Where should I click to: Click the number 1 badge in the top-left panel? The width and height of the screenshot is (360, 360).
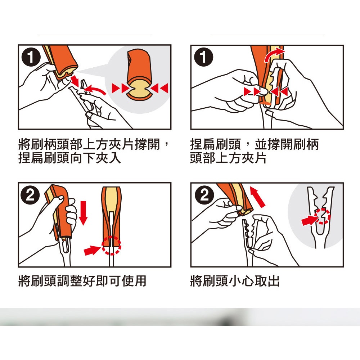[x=31, y=57]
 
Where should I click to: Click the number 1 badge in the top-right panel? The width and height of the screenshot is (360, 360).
[x=203, y=57]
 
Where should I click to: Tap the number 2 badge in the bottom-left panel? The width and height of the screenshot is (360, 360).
[x=30, y=195]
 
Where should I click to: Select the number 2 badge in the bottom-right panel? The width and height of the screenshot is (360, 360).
[x=204, y=195]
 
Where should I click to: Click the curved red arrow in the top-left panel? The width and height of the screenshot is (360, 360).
[x=94, y=89]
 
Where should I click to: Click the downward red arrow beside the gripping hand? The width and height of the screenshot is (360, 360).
[x=83, y=213]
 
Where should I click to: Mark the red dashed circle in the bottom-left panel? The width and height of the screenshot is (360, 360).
[x=111, y=246]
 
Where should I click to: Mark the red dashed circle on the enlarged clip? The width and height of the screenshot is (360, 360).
[x=323, y=216]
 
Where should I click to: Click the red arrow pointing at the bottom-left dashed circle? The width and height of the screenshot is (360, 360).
[x=92, y=250]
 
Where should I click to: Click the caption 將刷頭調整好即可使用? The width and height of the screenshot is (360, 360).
[x=82, y=280]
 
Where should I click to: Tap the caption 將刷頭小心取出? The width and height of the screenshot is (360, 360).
[x=235, y=280]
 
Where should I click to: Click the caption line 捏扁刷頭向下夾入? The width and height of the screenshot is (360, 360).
[x=69, y=158]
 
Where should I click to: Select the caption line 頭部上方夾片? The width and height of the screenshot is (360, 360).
[x=229, y=158]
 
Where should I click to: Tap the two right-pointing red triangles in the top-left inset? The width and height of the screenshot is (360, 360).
[x=121, y=88]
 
